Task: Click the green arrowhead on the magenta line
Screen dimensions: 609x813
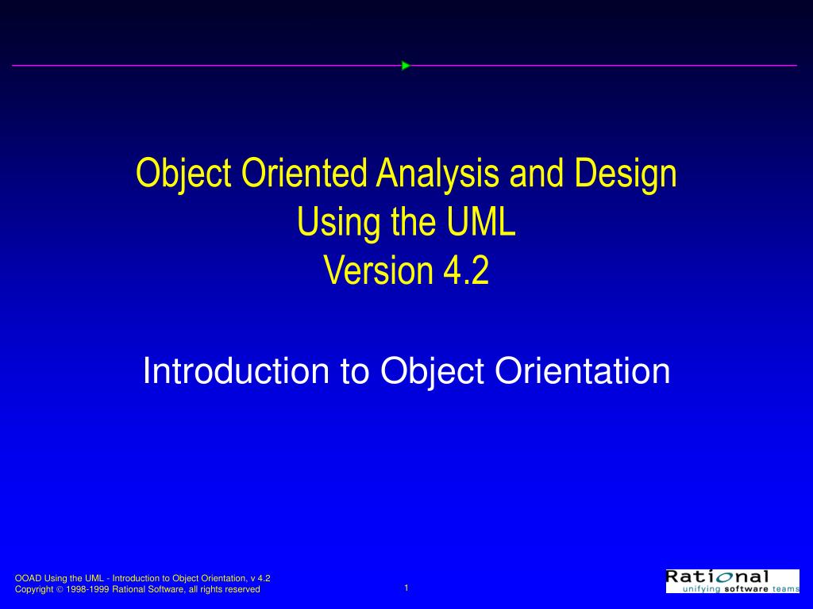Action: (x=405, y=66)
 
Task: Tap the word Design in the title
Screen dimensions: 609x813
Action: (x=633, y=174)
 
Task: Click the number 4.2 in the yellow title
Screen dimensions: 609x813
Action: (x=467, y=272)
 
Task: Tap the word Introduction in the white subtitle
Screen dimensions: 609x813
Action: (x=234, y=371)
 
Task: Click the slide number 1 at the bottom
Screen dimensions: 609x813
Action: (x=406, y=588)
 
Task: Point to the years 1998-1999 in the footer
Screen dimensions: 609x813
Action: (x=87, y=590)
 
